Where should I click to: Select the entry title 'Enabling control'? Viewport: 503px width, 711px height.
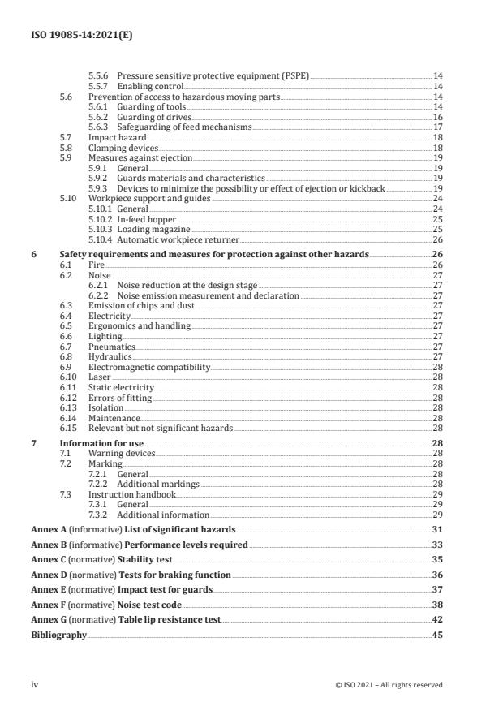(x=150, y=85)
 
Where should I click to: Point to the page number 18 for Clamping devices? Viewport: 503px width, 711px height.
(x=437, y=149)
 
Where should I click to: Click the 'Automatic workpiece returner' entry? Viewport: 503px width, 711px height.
(x=178, y=240)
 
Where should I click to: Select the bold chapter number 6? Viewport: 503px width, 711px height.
(x=33, y=254)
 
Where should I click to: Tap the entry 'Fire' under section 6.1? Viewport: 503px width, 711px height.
(x=97, y=265)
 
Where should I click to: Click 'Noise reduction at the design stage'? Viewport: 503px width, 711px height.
(x=185, y=286)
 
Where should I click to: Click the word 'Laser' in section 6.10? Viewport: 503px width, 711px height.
(x=100, y=378)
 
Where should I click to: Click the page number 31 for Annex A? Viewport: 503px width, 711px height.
(x=436, y=529)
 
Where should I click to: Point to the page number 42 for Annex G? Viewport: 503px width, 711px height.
(x=436, y=619)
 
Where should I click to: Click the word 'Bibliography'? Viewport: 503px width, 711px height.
(x=58, y=635)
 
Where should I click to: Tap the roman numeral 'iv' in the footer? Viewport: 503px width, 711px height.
(x=35, y=684)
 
